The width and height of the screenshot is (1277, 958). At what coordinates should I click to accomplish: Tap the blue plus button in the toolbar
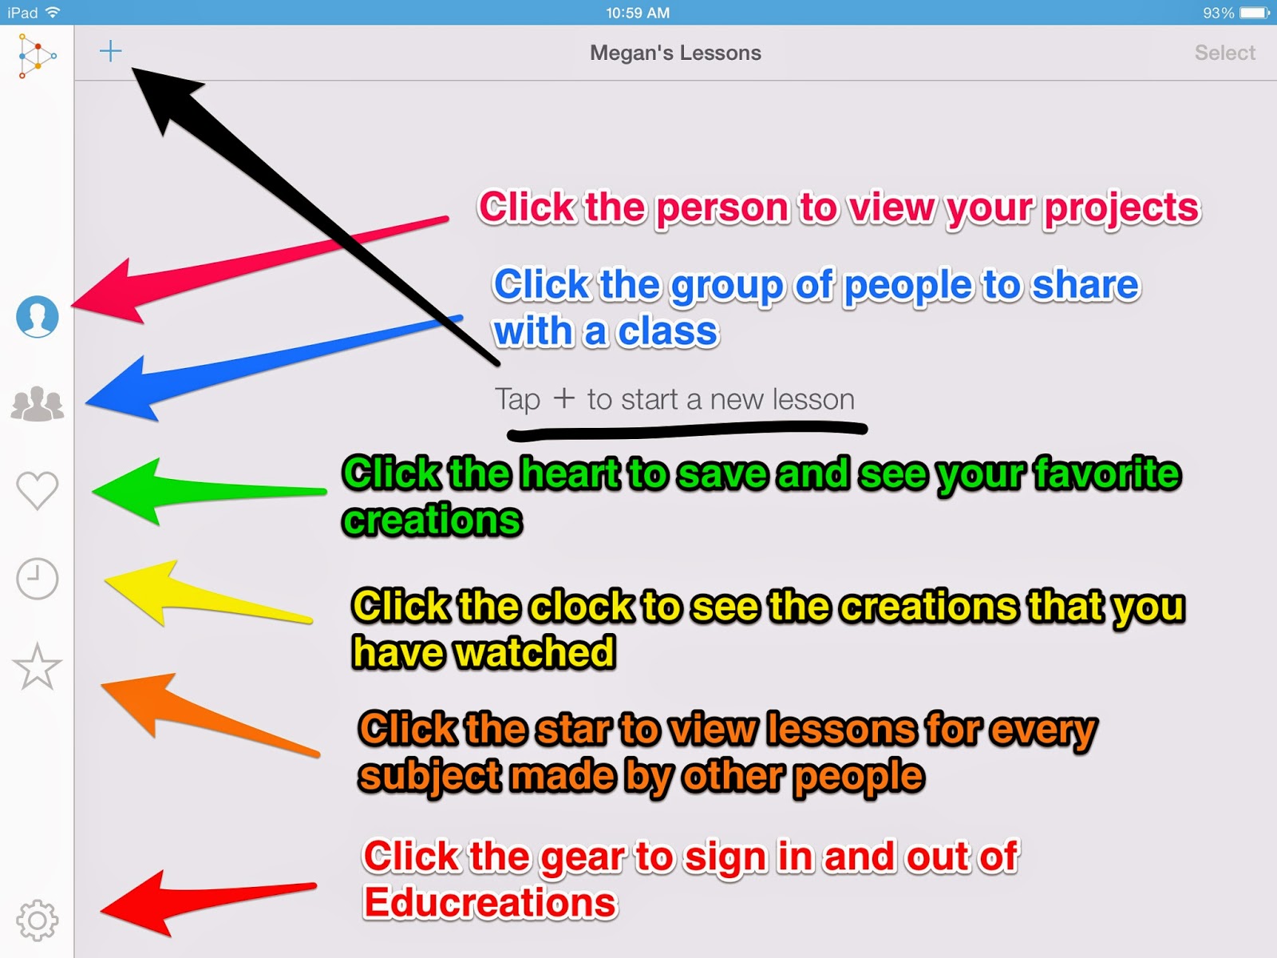coord(110,51)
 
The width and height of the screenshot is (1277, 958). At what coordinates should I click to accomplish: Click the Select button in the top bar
coord(1224,53)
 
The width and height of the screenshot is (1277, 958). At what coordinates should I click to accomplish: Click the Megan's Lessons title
coord(675,53)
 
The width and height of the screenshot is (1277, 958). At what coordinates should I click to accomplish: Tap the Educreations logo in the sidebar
coord(37,56)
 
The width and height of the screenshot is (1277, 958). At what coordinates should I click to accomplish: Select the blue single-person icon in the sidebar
coord(38,317)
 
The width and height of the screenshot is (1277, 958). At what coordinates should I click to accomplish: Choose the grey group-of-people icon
coord(38,403)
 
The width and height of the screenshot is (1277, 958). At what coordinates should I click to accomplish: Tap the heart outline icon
coord(38,489)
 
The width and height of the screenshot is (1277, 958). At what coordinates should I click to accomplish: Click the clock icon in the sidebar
coord(38,579)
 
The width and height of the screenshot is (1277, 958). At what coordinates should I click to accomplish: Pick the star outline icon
coord(38,667)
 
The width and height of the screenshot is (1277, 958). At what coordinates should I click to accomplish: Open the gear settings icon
coord(38,920)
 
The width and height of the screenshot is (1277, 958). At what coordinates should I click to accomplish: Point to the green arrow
coord(209,492)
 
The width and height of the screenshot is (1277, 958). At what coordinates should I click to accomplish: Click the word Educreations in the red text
coord(490,903)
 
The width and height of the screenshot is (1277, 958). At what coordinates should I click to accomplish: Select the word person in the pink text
coord(722,208)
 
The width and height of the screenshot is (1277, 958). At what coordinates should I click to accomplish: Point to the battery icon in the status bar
coord(1255,13)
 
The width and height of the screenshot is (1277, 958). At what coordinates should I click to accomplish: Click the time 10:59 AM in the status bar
coord(638,13)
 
